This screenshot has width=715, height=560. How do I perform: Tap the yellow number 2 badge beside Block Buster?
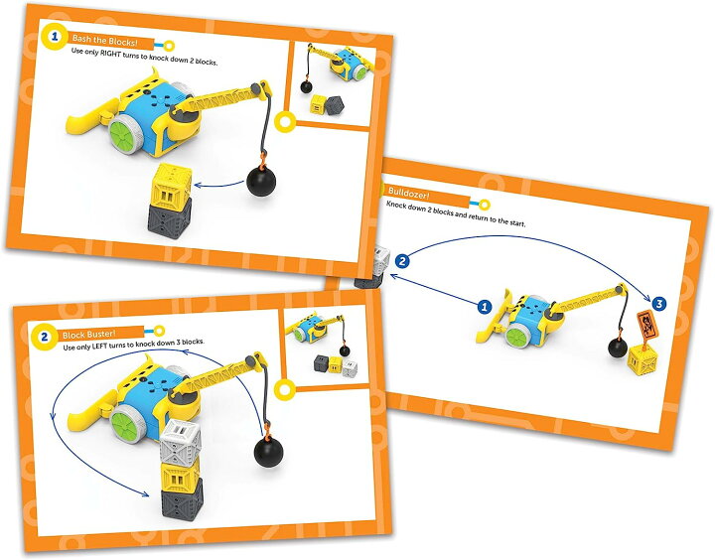coord(44,338)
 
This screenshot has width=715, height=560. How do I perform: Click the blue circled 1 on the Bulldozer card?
coord(485,308)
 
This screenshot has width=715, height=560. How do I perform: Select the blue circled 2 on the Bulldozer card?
coord(402,261)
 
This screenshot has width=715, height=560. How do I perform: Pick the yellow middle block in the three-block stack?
coord(179,474)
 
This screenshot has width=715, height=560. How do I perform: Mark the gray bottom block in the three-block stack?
coord(179,503)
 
